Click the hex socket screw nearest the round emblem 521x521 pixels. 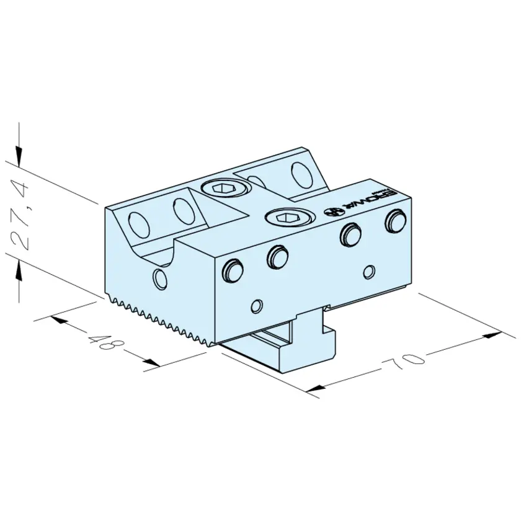click(289, 218)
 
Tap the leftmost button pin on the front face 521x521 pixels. click(233, 269)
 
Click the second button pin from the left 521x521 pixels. click(277, 256)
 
